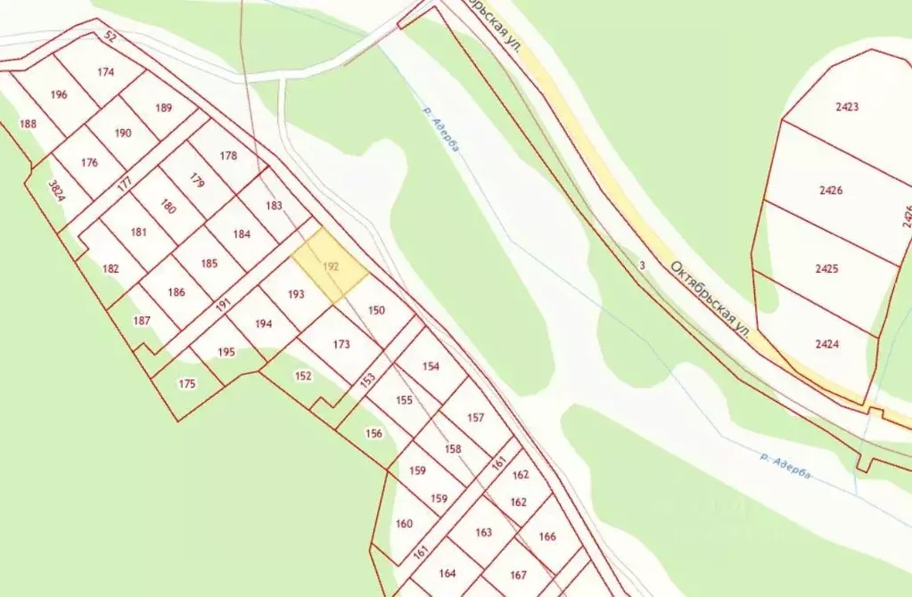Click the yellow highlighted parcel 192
pos(330,265)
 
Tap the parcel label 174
pos(106,73)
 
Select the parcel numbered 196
pos(59,94)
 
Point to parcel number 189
pos(163,108)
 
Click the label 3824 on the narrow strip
pos(55,191)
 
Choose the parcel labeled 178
pos(228,156)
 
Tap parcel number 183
pos(274,206)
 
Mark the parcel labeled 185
pos(210,263)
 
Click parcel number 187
pos(142,320)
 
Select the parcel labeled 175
pos(186,383)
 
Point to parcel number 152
pos(303,376)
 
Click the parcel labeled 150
pos(376,310)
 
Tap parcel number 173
pos(341,344)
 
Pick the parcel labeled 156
pos(374,433)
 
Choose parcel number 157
pos(475,417)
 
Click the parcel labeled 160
pos(404,523)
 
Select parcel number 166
pos(547,536)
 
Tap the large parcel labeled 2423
pos(847,107)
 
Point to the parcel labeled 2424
pos(826,343)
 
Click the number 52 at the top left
pos(111,37)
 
